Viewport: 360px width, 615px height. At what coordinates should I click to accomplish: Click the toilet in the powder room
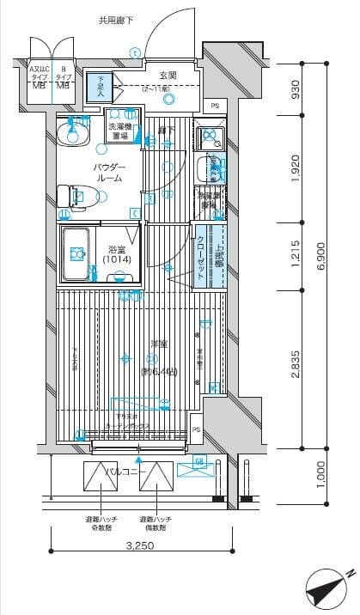click(71, 198)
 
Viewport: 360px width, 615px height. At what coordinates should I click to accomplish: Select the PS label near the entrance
click(214, 106)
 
